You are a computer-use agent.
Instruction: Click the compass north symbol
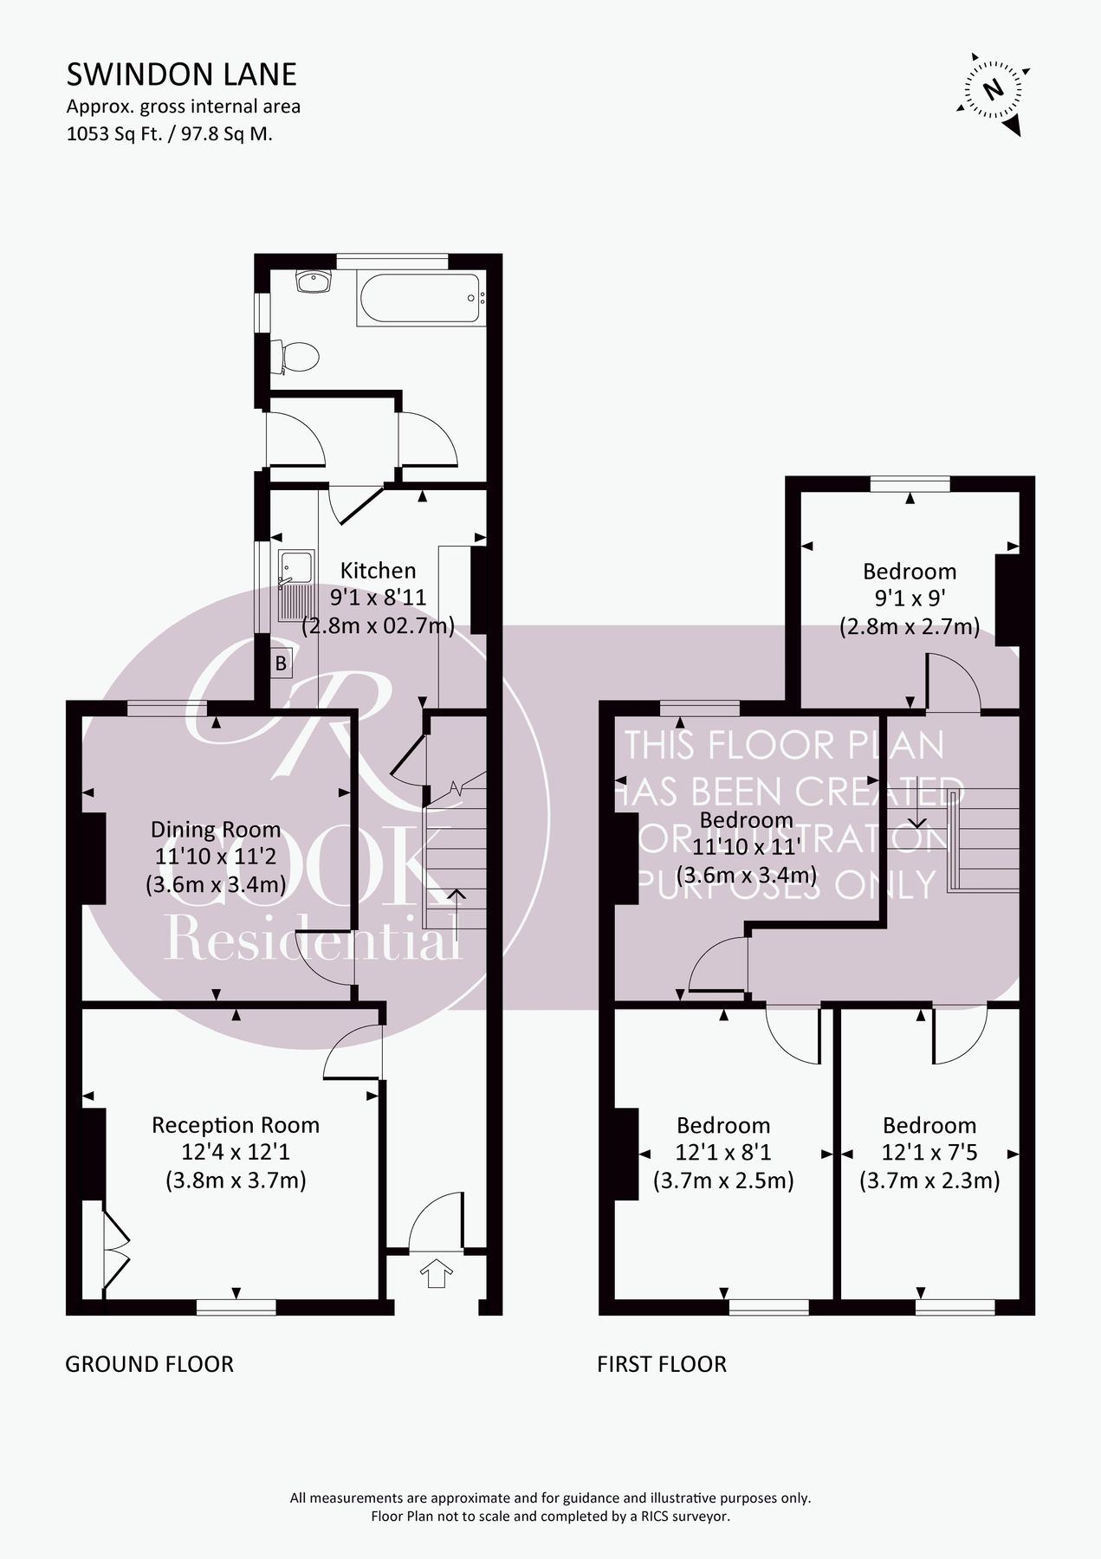994,89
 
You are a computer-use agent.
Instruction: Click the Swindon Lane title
181,74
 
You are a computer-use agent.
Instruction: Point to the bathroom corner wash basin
312,281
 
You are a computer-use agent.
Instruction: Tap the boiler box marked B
281,664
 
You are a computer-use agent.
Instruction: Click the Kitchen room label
378,570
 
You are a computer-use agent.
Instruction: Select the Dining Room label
215,829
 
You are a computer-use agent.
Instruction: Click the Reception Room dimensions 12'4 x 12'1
235,1152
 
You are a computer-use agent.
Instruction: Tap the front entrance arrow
436,1272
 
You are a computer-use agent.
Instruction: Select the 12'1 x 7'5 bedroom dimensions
929,1153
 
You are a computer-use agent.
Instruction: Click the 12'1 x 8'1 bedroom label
723,1125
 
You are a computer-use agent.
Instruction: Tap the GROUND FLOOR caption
149,1364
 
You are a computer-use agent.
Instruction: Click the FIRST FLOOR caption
661,1364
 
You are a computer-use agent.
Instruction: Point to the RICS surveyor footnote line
550,1517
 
